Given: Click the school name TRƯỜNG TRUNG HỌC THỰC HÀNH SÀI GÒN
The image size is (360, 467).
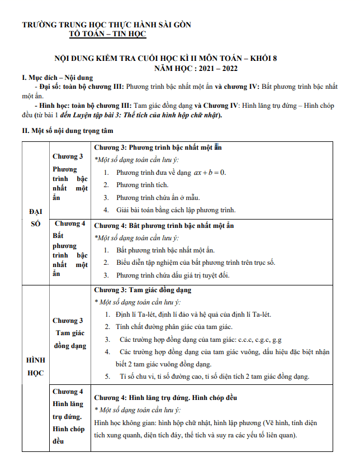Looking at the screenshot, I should [x=106, y=25].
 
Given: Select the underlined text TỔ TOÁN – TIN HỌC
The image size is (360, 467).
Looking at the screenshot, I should [x=107, y=34].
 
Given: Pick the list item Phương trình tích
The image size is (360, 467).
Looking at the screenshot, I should [x=142, y=185].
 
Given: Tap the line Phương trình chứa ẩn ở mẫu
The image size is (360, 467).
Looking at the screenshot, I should [x=158, y=198].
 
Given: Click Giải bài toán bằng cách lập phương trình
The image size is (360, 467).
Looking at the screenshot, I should [x=176, y=211].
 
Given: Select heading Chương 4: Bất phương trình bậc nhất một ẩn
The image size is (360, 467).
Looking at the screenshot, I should [x=163, y=226].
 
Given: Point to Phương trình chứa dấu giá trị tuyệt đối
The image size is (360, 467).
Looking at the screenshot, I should [x=173, y=275].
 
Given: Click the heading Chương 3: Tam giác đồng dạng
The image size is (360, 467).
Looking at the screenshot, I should [x=142, y=290].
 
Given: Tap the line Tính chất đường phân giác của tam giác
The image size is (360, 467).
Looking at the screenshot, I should [x=174, y=327].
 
